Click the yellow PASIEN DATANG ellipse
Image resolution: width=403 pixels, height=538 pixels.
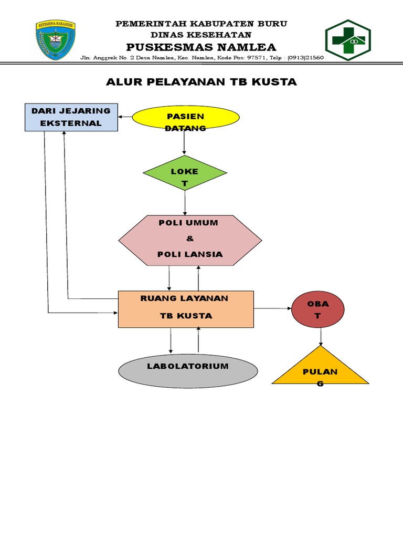click(x=185, y=117)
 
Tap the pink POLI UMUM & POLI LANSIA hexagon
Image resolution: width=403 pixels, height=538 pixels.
click(x=189, y=239)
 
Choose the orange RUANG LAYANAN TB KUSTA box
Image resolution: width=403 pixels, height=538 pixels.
click(x=186, y=309)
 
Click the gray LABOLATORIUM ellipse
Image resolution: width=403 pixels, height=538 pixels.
click(x=188, y=371)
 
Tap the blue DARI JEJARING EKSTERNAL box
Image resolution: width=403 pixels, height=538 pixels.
click(x=71, y=117)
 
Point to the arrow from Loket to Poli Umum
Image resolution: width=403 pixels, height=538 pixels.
click(x=185, y=202)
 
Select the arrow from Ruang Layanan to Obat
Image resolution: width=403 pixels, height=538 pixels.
click(x=273, y=309)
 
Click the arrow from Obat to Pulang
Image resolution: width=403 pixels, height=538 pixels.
click(x=320, y=336)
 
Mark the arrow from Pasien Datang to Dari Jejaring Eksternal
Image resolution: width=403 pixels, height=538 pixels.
click(x=125, y=117)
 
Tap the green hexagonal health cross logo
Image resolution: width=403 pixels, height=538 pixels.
click(x=347, y=40)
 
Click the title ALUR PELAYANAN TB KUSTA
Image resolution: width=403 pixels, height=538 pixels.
click(x=201, y=82)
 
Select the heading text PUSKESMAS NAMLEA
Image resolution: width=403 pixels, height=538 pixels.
click(x=201, y=47)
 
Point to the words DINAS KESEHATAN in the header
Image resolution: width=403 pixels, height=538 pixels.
click(x=201, y=34)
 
